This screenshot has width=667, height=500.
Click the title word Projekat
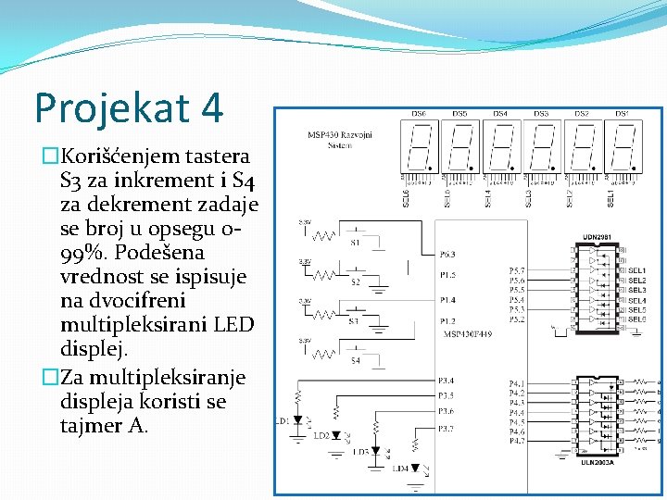tap(101, 108)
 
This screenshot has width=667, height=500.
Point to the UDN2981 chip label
tap(597, 236)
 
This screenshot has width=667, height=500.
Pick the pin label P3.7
tap(447, 428)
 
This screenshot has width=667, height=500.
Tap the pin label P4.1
tap(517, 383)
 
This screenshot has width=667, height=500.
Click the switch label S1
tap(355, 244)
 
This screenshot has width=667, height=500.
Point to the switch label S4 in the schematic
tap(355, 360)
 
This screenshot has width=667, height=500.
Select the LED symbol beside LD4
tap(415, 469)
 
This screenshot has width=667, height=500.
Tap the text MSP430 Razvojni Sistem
tap(340, 140)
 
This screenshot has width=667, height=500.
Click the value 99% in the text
tap(80, 252)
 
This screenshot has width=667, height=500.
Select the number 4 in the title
tap(210, 108)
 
